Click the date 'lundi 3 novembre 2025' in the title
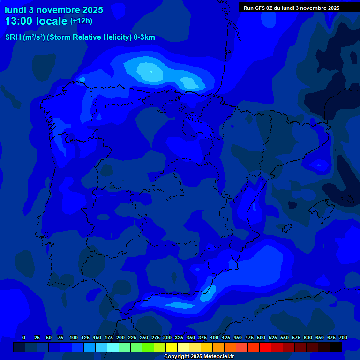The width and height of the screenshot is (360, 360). point(53,9)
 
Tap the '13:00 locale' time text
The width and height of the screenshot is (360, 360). point(36,21)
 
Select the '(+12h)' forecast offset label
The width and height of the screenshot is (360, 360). point(81,21)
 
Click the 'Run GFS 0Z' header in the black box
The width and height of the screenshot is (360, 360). point(264,8)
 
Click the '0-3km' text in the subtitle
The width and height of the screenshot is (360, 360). point(144,37)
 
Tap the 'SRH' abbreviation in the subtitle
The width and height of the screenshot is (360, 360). point(13,37)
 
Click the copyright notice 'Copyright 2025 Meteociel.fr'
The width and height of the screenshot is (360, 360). point(199,357)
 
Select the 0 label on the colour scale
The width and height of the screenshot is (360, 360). point(24,337)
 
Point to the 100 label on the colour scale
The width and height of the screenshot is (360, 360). point(74,337)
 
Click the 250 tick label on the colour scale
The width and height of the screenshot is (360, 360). point(144,337)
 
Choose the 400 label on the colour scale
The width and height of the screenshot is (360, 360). point(214,337)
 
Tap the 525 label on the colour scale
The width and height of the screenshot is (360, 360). point(273,337)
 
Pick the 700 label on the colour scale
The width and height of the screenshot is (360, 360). point(343,337)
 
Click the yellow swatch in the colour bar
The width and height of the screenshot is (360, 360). point(172,347)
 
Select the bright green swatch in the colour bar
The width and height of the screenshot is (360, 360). point(148,347)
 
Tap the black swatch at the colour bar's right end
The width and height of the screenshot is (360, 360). point(336,347)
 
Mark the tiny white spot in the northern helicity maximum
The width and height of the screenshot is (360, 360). point(151,71)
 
